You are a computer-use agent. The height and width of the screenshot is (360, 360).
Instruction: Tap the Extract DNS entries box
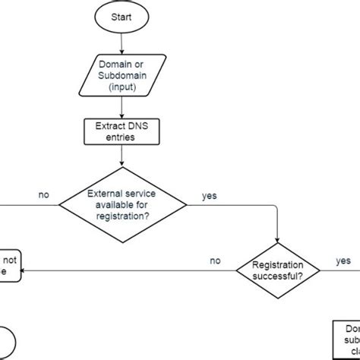click(122, 132)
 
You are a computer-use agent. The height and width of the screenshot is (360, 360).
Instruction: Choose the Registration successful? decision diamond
click(278, 270)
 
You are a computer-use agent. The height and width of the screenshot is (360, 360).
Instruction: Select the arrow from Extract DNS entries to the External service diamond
click(122, 157)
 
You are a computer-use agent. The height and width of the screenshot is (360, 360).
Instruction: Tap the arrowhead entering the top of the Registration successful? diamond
click(278, 240)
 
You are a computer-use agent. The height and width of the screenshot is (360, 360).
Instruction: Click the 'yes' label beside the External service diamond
click(209, 196)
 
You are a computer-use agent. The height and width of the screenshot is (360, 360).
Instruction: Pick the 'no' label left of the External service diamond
click(44, 195)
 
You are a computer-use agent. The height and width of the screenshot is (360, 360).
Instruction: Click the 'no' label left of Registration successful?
click(215, 261)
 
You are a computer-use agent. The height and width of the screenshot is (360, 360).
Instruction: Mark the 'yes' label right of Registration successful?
click(343, 261)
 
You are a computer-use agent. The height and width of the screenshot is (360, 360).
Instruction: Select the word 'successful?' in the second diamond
click(278, 276)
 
